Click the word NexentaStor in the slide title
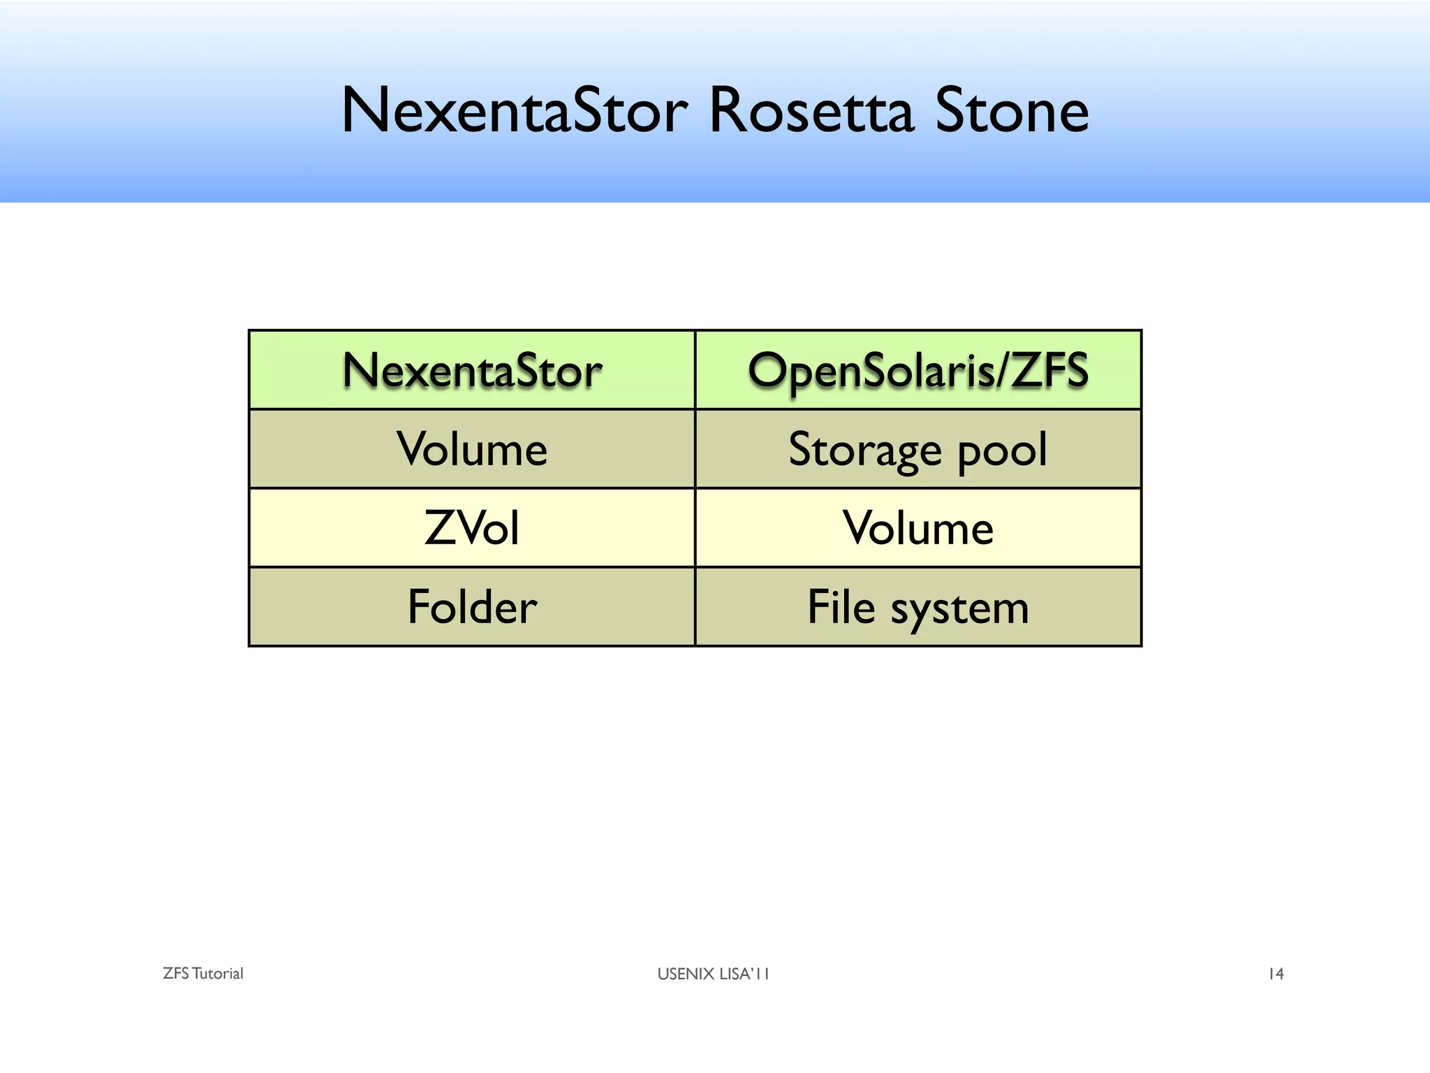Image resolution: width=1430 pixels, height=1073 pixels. [x=515, y=110]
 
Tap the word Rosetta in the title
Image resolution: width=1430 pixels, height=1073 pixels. [x=811, y=110]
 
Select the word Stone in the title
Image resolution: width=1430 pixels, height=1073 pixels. [x=1012, y=110]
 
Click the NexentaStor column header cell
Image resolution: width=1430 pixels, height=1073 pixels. [x=472, y=370]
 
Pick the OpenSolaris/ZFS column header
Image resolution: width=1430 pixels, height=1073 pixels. [x=918, y=370]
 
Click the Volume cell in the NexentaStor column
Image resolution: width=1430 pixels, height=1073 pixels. [x=472, y=449]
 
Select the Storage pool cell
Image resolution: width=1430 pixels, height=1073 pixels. [x=918, y=449]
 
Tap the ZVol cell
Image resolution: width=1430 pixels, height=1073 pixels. [x=472, y=528]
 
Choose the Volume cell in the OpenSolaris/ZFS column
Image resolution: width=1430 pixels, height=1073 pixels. [x=918, y=528]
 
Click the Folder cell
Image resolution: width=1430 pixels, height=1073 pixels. [x=472, y=606]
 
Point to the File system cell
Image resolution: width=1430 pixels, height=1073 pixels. [x=918, y=606]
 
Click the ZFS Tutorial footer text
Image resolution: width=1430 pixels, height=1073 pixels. [x=203, y=974]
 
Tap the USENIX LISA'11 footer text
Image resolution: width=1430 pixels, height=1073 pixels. [x=713, y=974]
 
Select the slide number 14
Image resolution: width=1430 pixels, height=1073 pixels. [x=1276, y=974]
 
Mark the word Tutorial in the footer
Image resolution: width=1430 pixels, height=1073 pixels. [x=217, y=974]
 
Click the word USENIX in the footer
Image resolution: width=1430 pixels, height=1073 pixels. [x=686, y=974]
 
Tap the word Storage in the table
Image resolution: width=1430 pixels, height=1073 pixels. [x=865, y=451]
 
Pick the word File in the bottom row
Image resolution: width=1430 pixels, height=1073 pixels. [x=841, y=606]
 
